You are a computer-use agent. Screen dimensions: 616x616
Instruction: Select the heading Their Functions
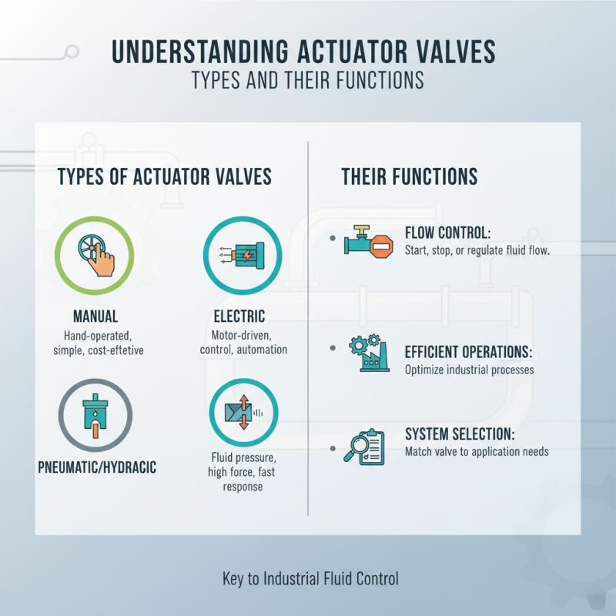pyautogui.click(x=409, y=176)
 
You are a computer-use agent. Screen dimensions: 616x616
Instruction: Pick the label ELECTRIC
pyautogui.click(x=239, y=316)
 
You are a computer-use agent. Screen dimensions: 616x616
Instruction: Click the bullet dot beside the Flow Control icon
pyautogui.click(x=332, y=239)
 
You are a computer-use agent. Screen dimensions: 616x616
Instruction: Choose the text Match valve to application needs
pyautogui.click(x=477, y=451)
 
